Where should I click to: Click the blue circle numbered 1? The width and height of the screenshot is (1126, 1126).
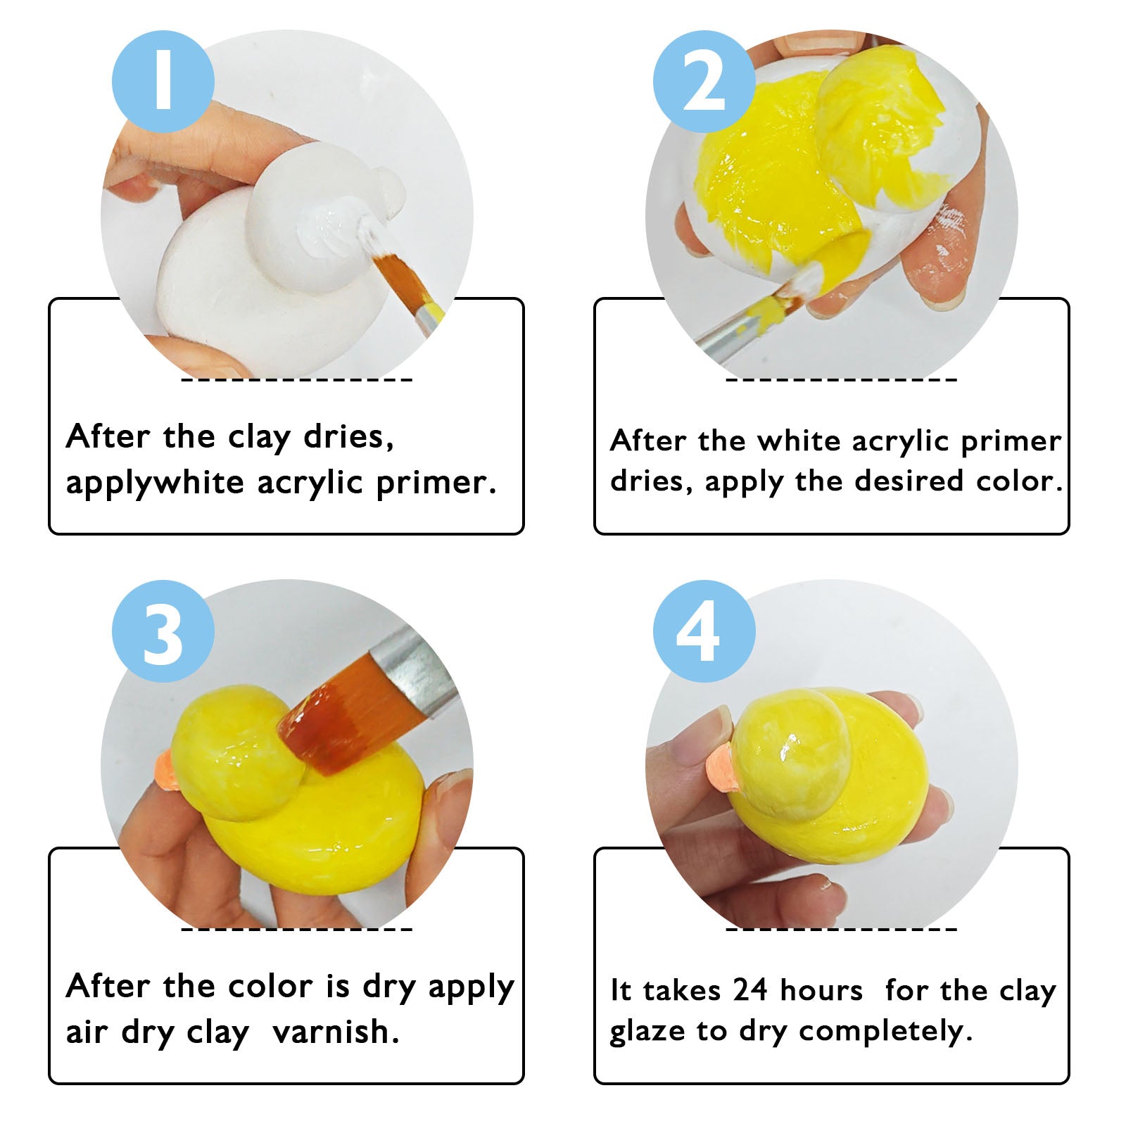click(x=163, y=82)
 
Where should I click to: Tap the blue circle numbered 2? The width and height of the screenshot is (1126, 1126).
click(x=704, y=82)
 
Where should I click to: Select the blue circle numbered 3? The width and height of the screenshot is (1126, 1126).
click(x=163, y=631)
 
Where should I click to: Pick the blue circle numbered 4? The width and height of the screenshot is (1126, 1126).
click(x=704, y=631)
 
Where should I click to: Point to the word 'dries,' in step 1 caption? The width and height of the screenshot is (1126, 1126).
click(x=348, y=437)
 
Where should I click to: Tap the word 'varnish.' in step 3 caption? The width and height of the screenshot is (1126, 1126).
click(x=336, y=1032)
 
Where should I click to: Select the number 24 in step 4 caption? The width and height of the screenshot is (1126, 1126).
click(x=749, y=989)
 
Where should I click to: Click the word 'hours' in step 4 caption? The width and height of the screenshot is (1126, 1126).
click(x=821, y=989)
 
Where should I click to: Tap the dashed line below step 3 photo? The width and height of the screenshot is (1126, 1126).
click(x=297, y=930)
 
